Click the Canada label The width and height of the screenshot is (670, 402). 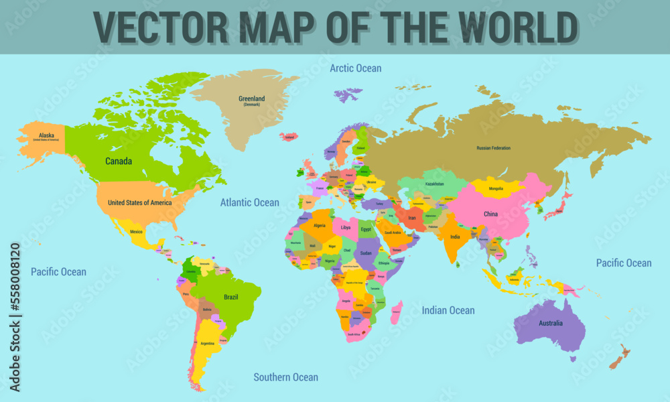[x=119, y=161]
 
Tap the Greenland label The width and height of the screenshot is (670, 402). [x=251, y=99]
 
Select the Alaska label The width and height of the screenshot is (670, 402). [x=46, y=135]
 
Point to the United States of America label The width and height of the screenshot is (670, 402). [x=139, y=202]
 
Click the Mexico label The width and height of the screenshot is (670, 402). [x=136, y=232]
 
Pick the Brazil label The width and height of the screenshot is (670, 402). [x=230, y=297]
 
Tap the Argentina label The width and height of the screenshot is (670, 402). [x=208, y=343]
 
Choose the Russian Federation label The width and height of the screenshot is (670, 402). [x=493, y=147]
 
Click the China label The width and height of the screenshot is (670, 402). [x=491, y=214]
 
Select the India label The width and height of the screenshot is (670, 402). [x=455, y=237]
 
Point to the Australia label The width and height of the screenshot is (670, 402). [x=550, y=324]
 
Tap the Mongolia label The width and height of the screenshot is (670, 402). [x=496, y=189]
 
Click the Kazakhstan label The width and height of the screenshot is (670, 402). [x=434, y=184]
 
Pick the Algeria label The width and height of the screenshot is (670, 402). [x=320, y=226]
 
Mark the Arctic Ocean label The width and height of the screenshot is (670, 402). [x=355, y=68]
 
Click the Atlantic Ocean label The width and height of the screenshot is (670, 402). [x=250, y=202]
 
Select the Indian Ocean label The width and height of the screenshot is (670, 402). [x=448, y=310]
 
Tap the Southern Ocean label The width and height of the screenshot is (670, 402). [x=285, y=377]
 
